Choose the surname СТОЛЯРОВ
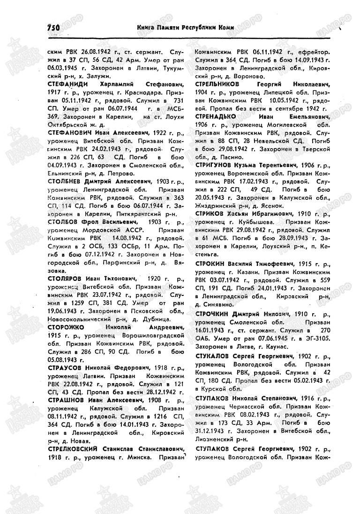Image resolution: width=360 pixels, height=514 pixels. pyautogui.click(x=64, y=278)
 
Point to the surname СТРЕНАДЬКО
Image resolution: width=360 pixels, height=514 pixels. pyautogui.click(x=215, y=116)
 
